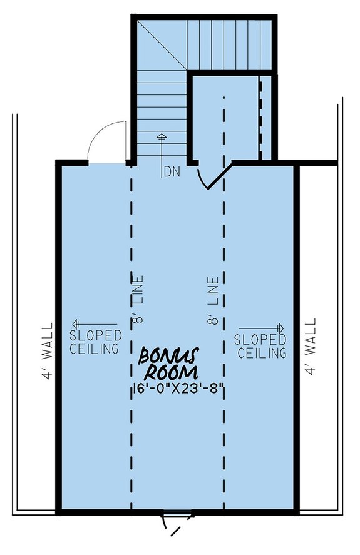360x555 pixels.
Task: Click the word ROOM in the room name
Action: [171, 372]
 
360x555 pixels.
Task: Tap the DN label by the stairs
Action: [171, 171]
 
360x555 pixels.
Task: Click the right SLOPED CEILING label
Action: [260, 345]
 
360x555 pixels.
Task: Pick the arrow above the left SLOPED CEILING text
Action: [86, 323]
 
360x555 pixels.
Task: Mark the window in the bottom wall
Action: [177, 515]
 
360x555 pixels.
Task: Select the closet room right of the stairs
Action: [222, 119]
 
